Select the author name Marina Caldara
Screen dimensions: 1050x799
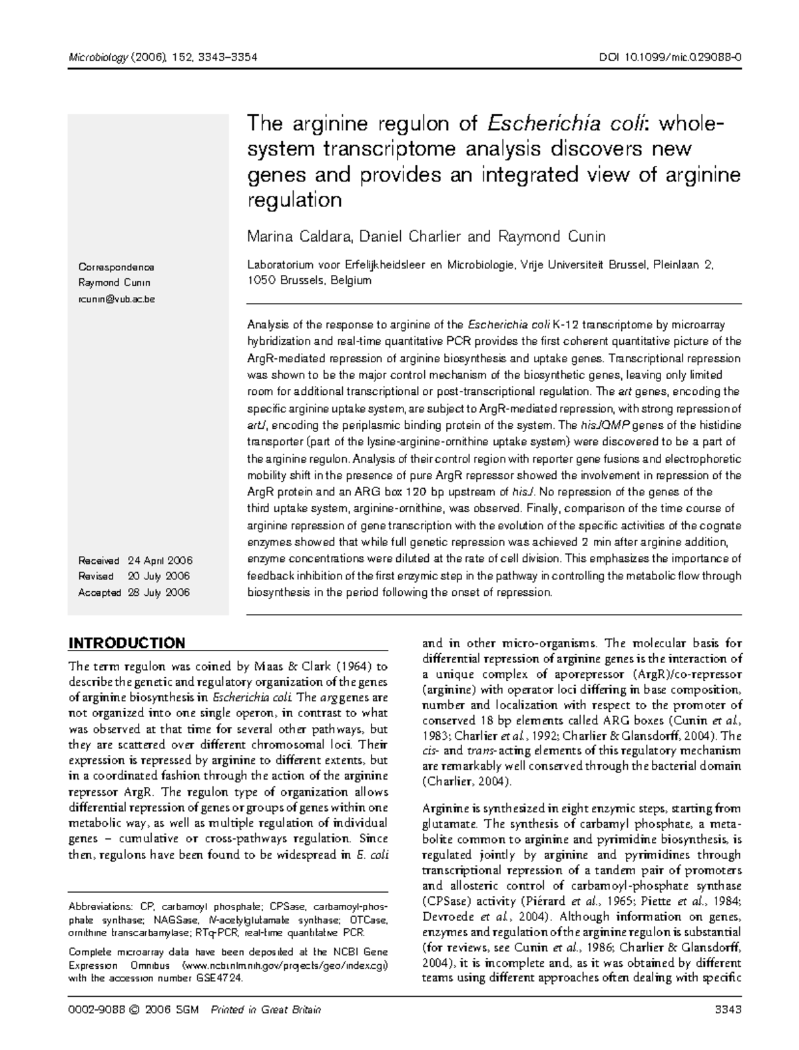coord(294,236)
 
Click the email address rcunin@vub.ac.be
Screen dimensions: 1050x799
coord(117,299)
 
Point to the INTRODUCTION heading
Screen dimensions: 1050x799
coord(127,643)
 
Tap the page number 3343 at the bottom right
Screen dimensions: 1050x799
coord(727,1009)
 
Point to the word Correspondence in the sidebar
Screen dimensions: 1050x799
coord(117,267)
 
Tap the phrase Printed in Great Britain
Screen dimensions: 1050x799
coord(266,1009)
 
